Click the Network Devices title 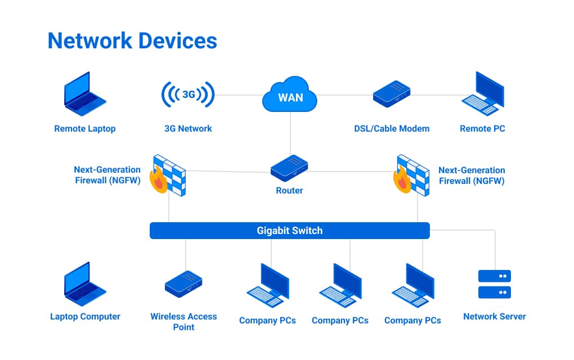(132, 41)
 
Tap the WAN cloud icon (290, 97)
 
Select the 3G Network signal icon (188, 94)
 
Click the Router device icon (289, 168)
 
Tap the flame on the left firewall (158, 181)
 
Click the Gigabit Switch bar (289, 231)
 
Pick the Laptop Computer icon (84, 284)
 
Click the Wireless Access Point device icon (183, 283)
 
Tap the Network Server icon (494, 284)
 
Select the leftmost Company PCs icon (268, 286)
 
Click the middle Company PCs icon (340, 286)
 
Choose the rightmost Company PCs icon (413, 286)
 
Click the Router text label (289, 191)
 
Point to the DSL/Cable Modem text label (392, 129)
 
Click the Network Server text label (494, 317)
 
